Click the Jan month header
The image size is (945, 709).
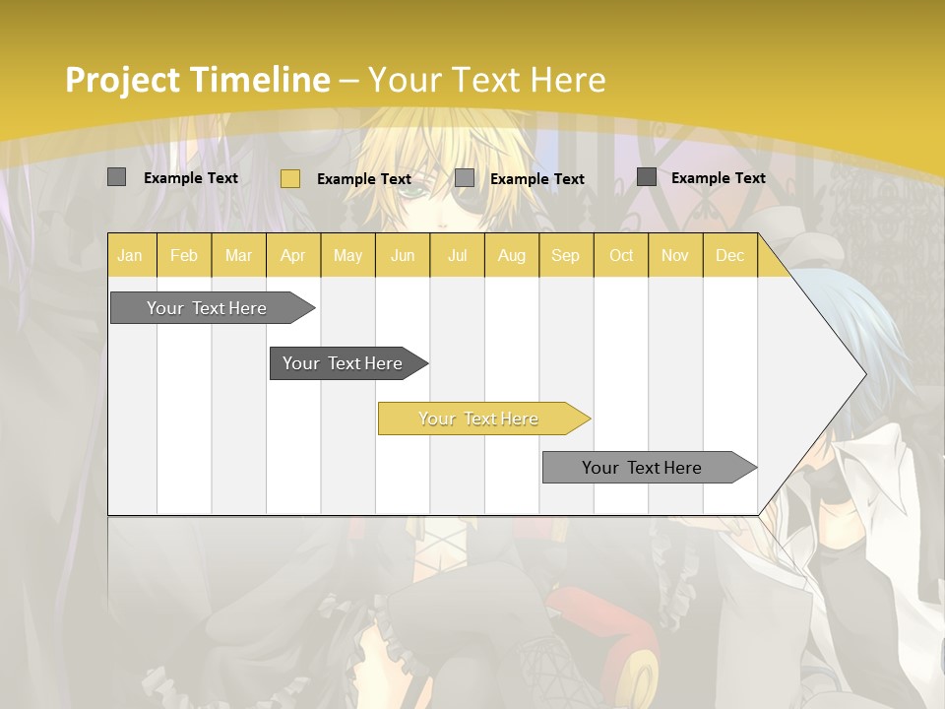click(x=130, y=255)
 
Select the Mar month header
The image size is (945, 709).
click(x=238, y=255)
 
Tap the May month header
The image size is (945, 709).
click(x=347, y=255)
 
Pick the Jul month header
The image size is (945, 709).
click(x=457, y=255)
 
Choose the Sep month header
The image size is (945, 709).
click(x=565, y=255)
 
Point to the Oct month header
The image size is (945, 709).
click(x=621, y=255)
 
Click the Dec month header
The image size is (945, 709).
click(x=729, y=255)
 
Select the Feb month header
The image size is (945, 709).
click(x=184, y=255)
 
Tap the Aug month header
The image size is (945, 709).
click(x=511, y=255)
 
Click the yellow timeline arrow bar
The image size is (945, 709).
click(x=478, y=419)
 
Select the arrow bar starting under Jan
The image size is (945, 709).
click(x=207, y=308)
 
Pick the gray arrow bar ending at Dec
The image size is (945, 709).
click(x=642, y=468)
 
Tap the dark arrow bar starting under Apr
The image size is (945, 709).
click(x=343, y=363)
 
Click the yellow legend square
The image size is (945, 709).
click(x=289, y=178)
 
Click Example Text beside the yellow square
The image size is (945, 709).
click(x=364, y=179)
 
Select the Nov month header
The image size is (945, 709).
click(x=675, y=255)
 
